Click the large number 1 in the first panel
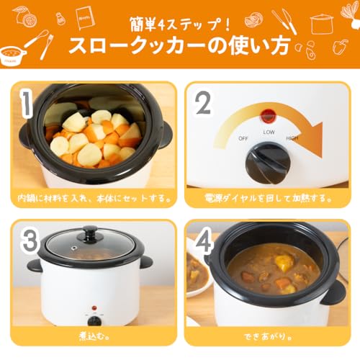[x=27, y=104]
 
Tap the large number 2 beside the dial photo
[x=204, y=105]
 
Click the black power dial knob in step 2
[x=268, y=162]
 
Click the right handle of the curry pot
[x=332, y=292]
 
